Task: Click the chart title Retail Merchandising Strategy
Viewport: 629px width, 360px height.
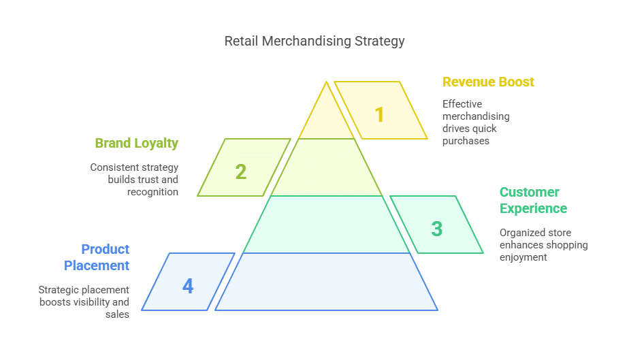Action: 314,41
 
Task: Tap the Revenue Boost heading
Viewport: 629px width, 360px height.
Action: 488,82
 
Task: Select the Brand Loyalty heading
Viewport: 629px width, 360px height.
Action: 136,143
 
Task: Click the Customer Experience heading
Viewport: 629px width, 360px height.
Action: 533,200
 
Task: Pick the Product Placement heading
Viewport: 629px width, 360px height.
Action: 97,257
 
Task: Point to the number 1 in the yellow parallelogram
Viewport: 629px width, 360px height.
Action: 380,114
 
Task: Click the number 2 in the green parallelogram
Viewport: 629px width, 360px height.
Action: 241,171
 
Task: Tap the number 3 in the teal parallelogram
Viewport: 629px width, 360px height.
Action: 436,229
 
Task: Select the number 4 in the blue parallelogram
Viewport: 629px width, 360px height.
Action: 188,286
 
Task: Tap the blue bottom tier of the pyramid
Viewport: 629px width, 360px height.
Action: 327,282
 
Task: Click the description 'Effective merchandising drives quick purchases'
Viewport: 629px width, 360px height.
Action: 476,122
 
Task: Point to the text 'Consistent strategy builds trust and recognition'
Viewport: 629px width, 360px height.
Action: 134,180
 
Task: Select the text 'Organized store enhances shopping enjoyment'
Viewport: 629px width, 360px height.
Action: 543,245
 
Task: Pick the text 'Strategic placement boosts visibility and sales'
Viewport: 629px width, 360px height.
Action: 84,302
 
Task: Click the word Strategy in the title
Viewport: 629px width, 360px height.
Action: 379,41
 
